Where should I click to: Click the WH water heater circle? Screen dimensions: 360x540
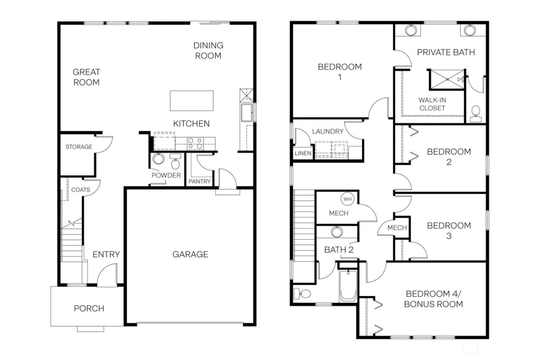tap(348, 199)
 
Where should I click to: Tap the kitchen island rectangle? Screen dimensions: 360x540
tap(191, 101)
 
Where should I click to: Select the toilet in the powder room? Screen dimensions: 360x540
tap(175, 163)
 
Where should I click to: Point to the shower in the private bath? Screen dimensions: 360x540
tap(447, 79)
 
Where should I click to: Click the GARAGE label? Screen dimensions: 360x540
tap(190, 254)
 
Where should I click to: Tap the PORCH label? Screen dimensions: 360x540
tap(89, 308)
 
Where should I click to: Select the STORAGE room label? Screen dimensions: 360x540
tap(79, 147)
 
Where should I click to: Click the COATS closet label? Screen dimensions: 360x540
tap(81, 190)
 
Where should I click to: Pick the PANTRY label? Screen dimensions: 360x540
tap(199, 181)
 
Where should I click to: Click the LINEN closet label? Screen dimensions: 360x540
tap(303, 153)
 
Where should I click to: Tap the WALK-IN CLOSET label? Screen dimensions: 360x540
tap(432, 104)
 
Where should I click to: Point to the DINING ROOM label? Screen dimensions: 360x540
tap(208, 50)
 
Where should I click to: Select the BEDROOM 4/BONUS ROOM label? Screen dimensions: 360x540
tap(433, 299)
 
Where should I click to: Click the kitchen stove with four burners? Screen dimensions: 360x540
tap(195, 143)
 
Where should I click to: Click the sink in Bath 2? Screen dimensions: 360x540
tap(337, 232)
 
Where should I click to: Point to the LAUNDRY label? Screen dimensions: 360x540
tap(327, 131)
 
